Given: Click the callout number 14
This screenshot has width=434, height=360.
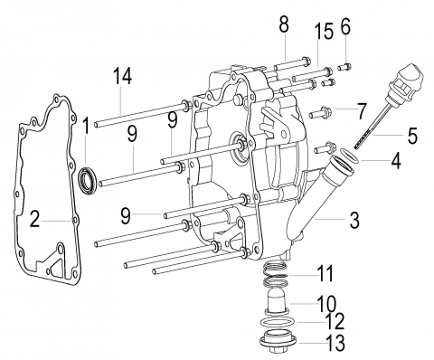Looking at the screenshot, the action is tap(123, 76).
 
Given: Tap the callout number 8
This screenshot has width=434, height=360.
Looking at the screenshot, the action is tap(284, 24).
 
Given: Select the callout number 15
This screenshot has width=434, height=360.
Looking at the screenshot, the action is tap(324, 31).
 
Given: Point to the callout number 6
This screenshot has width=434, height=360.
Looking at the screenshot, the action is tap(345, 26).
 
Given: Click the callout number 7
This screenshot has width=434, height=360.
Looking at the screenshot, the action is tap(362, 110).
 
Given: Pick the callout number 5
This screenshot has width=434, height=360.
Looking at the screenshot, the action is tap(412, 136).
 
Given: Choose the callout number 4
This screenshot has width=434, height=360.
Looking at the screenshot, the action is tap(396, 160).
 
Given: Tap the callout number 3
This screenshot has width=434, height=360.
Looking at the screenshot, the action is tap(354, 221).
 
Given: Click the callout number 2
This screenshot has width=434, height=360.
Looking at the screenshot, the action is tap(35, 219).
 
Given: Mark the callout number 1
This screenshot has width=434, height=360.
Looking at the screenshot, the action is tap(86, 126).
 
